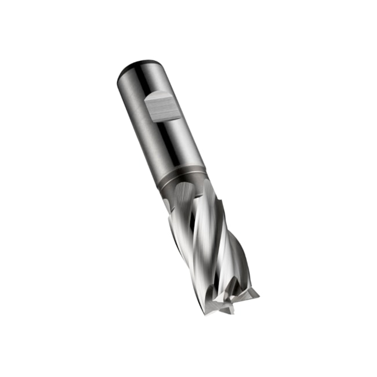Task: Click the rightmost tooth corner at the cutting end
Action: click(258, 294)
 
